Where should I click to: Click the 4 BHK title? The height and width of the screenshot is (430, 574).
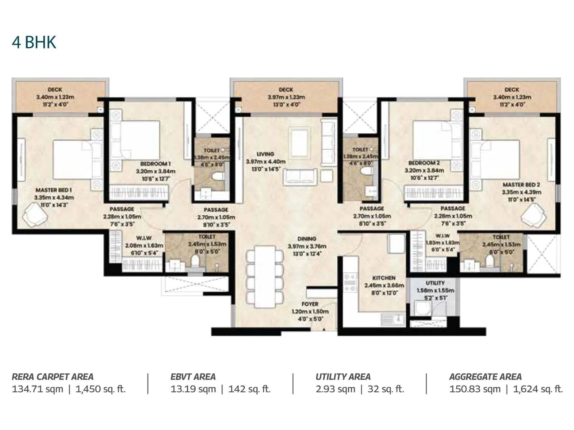click(34, 42)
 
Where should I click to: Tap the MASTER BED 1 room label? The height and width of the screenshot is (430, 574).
click(54, 190)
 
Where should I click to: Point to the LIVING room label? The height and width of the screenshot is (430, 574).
click(265, 154)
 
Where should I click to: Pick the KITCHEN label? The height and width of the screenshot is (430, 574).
click(384, 278)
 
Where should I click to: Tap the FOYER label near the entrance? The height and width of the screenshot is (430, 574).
click(310, 304)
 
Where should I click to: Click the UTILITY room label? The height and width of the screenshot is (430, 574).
click(435, 283)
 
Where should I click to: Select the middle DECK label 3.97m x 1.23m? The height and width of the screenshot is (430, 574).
click(286, 90)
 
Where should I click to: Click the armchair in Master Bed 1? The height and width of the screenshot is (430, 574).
click(35, 215)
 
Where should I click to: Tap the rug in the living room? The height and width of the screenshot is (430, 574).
click(301, 143)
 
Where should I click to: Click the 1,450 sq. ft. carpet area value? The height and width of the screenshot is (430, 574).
click(100, 389)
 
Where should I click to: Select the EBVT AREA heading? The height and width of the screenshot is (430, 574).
click(193, 377)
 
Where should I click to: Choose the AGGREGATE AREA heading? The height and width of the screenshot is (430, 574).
click(485, 377)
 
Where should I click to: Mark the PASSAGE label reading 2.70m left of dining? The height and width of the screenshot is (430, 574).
click(216, 210)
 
